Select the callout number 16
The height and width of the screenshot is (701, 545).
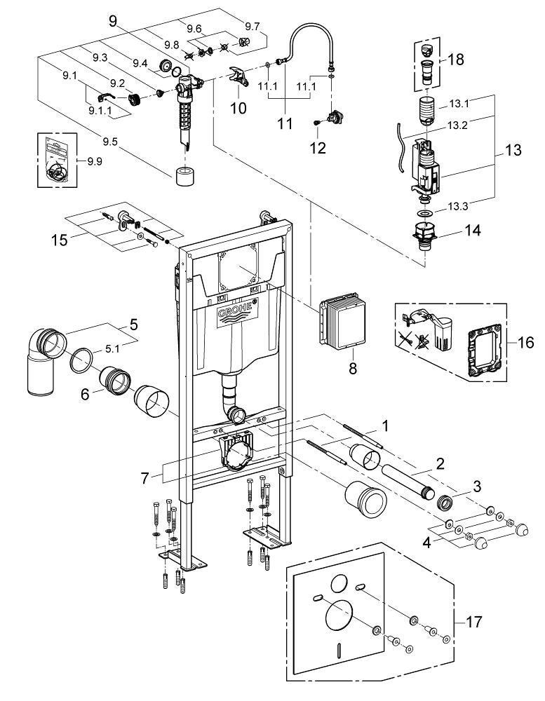(525, 343)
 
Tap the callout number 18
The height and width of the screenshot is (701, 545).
(456, 60)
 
